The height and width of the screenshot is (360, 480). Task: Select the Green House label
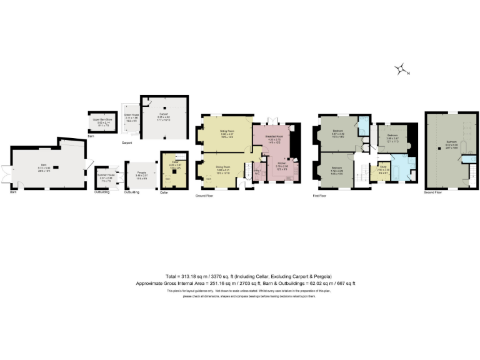131,116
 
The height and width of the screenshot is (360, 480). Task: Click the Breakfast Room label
275,136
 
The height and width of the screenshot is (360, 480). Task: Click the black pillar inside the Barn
55,167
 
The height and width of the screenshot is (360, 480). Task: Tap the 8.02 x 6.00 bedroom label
451,143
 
